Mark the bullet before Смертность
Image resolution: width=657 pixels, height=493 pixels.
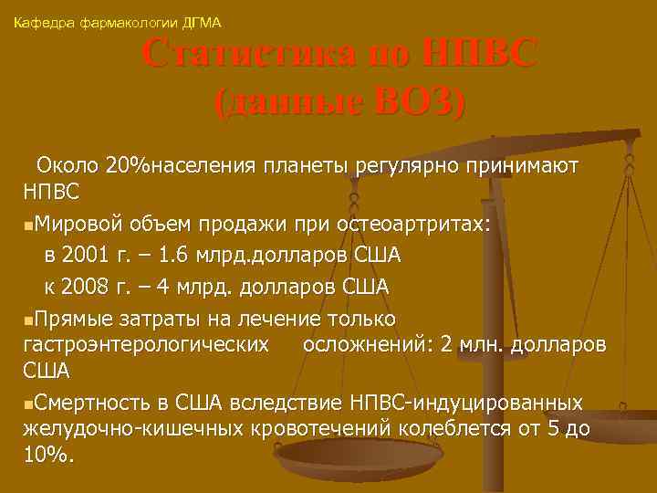pyautogui.click(x=31, y=403)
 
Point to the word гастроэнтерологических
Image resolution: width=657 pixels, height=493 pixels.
pyautogui.click(x=145, y=343)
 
